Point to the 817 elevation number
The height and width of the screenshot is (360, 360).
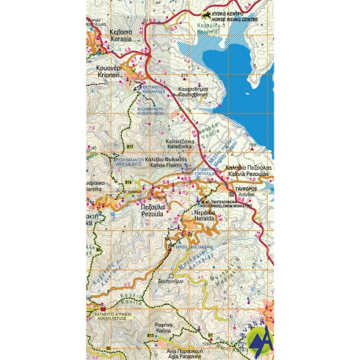pyautogui.click(x=130, y=147)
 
